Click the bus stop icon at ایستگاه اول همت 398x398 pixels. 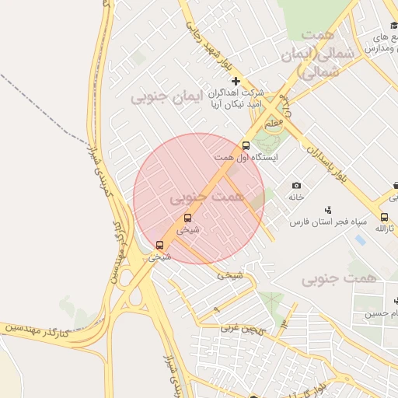click(x=246, y=145)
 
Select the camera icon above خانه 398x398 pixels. click(x=296, y=185)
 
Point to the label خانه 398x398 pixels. click(x=296, y=197)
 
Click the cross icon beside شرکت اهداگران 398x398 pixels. click(x=236, y=82)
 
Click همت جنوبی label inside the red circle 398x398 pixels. click(x=207, y=197)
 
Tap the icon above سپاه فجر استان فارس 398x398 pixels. click(x=329, y=209)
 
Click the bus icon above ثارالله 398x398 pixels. click(x=384, y=217)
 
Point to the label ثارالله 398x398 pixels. click(x=386, y=229)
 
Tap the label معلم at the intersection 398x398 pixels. click(x=274, y=124)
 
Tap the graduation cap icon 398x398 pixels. click(x=394, y=26)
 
